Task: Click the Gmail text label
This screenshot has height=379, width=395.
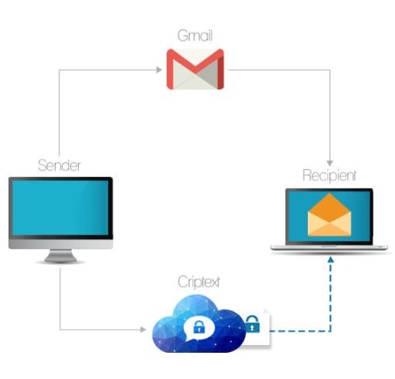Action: [195, 36]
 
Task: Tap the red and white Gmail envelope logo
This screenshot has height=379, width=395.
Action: [195, 69]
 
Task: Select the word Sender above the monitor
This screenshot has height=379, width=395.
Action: [59, 165]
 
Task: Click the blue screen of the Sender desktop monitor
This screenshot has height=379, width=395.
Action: [60, 208]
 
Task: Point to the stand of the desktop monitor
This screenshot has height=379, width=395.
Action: [60, 256]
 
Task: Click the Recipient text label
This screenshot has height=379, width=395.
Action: [329, 176]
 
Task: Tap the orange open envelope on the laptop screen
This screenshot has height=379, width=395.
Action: [329, 215]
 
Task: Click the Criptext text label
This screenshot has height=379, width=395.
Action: [199, 282]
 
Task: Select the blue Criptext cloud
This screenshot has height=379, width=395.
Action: [199, 324]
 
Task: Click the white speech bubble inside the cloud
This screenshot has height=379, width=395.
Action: [199, 328]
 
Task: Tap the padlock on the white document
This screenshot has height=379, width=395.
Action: [252, 324]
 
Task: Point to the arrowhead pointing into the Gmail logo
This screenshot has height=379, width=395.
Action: [159, 69]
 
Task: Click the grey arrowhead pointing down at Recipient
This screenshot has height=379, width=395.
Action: [330, 163]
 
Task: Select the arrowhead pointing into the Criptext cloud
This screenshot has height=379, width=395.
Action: [143, 330]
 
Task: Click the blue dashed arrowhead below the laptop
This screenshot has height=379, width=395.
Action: [331, 259]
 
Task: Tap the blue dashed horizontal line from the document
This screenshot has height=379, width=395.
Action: [300, 331]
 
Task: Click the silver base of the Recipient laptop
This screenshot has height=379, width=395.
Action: [329, 248]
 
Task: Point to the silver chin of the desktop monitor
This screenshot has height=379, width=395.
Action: [61, 244]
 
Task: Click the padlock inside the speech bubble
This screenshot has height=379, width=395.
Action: [199, 327]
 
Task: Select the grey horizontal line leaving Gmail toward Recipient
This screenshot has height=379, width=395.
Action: [279, 69]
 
